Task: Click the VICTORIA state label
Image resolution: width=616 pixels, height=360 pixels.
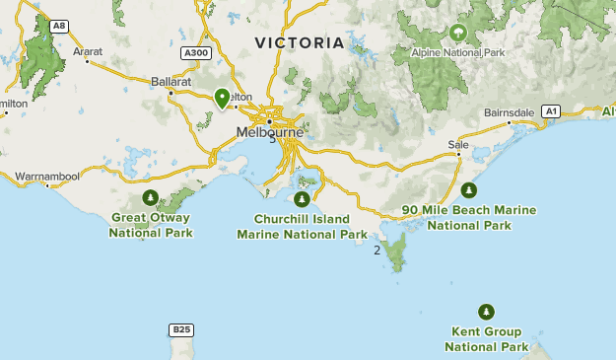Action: point(300,43)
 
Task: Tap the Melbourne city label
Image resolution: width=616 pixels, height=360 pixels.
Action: point(268,130)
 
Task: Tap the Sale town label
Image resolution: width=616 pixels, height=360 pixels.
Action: point(457,144)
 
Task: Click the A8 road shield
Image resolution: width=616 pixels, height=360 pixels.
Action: point(60,26)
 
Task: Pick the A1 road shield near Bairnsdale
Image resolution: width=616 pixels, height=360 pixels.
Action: point(552,111)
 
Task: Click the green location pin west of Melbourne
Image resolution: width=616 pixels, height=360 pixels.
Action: point(222,98)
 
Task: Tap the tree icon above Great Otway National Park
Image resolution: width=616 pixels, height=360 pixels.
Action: point(150,198)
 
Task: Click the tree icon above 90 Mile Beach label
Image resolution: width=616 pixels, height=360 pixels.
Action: point(469,190)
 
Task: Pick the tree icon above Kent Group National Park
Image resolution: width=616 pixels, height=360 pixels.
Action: point(485,311)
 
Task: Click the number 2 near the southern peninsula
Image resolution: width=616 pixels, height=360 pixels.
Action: point(376,250)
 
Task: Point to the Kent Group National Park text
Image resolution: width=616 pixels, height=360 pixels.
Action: point(486,339)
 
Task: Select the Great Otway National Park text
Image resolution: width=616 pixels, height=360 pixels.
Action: point(151,225)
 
